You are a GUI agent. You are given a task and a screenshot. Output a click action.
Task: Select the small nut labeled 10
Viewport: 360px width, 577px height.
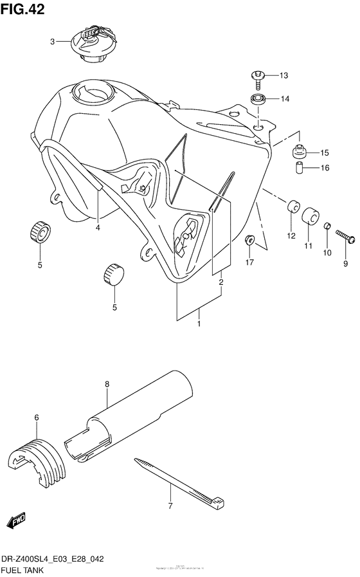click(328, 226)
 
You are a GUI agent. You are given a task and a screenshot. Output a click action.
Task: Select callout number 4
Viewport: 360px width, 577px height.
click(98, 226)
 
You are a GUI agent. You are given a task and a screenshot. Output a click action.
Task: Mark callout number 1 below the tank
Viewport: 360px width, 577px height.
click(199, 324)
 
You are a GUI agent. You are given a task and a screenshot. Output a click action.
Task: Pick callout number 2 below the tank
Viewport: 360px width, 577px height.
click(220, 282)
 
